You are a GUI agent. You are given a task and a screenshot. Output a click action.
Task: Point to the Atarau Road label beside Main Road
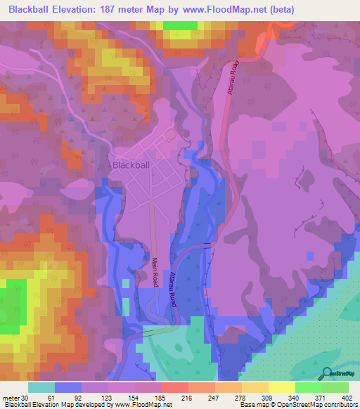click(172, 290)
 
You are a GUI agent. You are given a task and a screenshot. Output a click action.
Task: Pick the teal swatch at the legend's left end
click(41, 387)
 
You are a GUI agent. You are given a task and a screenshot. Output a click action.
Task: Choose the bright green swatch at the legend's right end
click(335, 387)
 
